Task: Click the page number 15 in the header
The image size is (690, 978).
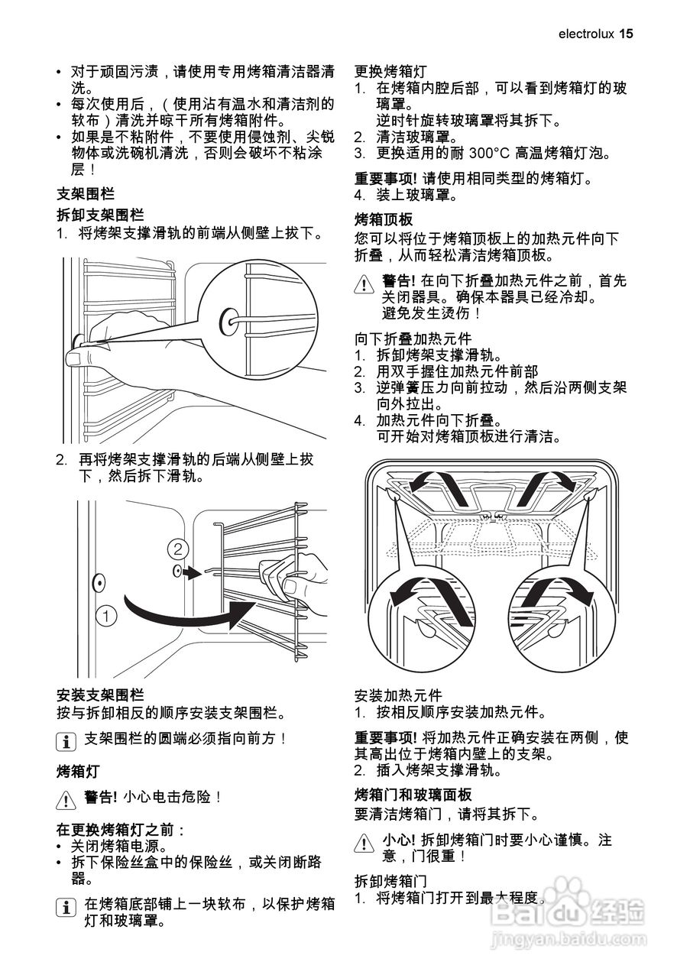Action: [627, 34]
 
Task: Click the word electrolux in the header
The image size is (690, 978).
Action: [585, 34]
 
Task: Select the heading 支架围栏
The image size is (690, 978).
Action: [86, 194]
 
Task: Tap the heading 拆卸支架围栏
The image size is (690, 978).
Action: [100, 215]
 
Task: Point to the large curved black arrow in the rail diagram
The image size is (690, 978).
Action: [191, 611]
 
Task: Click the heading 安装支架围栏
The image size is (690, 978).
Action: [100, 695]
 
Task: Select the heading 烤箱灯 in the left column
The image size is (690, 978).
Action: [79, 770]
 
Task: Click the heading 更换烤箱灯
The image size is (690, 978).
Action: [390, 72]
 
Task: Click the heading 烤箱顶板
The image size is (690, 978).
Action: [384, 218]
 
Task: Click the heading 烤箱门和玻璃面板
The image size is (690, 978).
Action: [413, 795]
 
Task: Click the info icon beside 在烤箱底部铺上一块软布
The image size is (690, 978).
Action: [67, 906]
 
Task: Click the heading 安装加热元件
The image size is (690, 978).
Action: [398, 695]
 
